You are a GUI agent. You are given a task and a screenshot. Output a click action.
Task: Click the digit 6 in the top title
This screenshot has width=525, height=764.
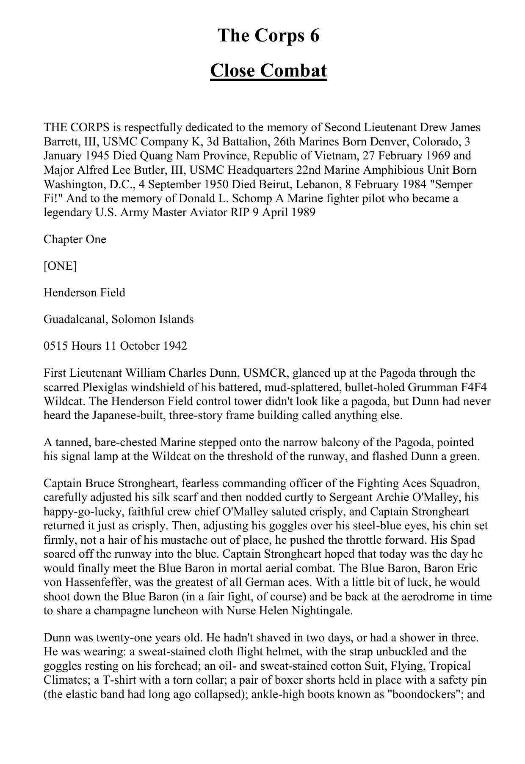pos(314,36)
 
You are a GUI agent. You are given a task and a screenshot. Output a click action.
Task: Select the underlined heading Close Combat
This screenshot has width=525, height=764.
pos(268,71)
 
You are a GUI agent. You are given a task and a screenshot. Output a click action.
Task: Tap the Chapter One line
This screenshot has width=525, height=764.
pos(75,239)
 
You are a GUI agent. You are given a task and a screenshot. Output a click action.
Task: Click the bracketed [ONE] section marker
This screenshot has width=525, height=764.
pos(60,266)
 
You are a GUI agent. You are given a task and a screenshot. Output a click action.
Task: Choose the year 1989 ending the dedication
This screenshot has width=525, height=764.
pos(303,212)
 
